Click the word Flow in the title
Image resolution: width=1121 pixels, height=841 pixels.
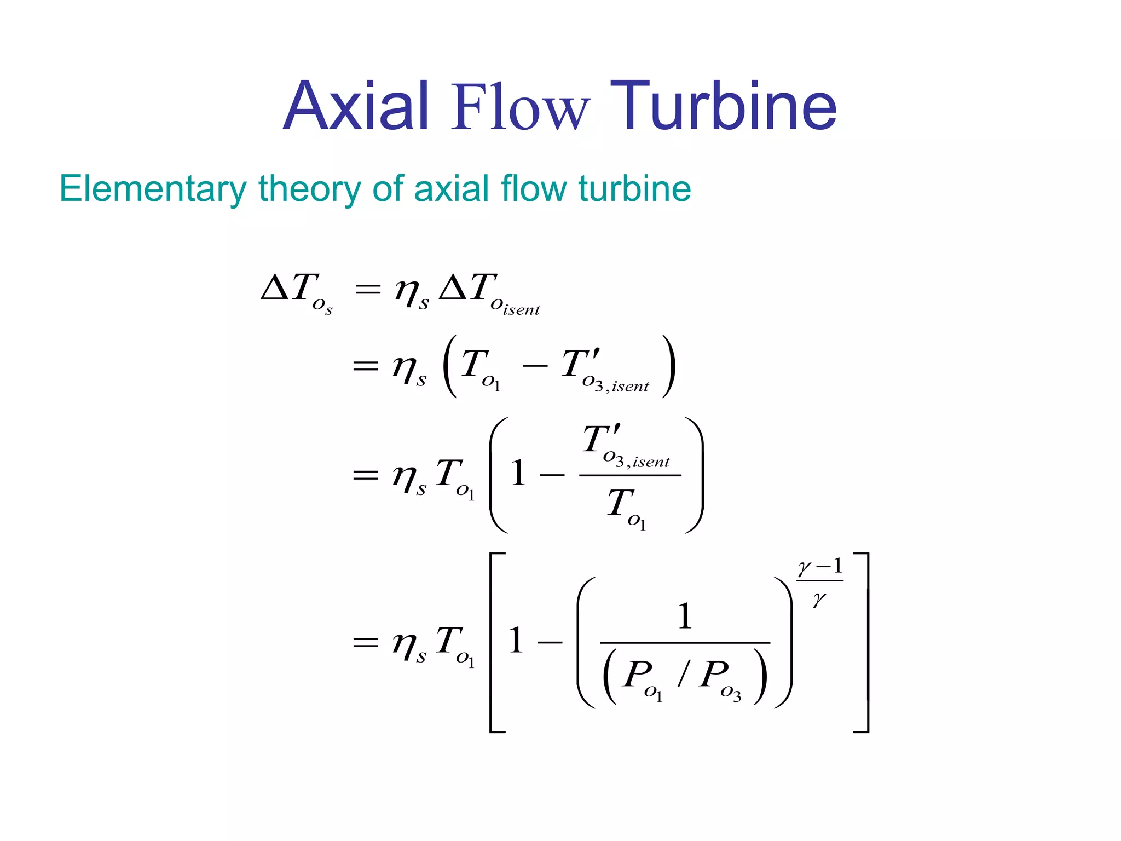coord(519,107)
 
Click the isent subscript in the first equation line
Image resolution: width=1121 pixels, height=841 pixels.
coord(521,310)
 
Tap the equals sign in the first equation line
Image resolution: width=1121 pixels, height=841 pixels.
coord(367,289)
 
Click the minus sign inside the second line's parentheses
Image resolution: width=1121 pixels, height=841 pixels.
coord(535,365)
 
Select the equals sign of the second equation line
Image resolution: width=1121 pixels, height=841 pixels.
coord(366,365)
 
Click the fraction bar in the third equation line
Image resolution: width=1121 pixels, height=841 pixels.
coord(630,475)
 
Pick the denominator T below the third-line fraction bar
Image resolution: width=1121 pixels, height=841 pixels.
coord(620,503)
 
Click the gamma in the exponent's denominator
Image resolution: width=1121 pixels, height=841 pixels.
coord(819,599)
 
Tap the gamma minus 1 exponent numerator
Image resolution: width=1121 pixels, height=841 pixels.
coord(819,567)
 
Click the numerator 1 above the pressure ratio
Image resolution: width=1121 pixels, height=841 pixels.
coord(685,617)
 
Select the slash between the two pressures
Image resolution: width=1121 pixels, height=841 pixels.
coord(682,673)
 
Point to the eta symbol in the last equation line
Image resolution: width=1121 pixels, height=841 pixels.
coord(406,643)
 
